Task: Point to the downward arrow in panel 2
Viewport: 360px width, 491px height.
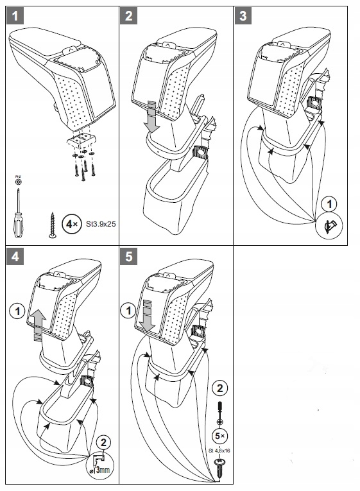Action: pyautogui.click(x=151, y=116)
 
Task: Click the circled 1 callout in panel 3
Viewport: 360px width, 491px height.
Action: pyautogui.click(x=329, y=205)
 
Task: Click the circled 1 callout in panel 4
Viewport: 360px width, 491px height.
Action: pyautogui.click(x=17, y=313)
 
